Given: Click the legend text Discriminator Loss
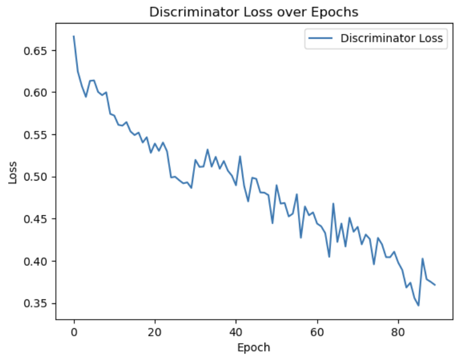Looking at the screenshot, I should pos(391,39).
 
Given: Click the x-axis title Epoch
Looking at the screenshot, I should pos(254,347).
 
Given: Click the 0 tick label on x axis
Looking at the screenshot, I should pos(74,332).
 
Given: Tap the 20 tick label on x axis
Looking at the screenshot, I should pos(155,332).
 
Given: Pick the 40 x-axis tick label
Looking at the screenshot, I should pos(236,332).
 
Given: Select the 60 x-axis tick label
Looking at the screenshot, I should pos(317,332).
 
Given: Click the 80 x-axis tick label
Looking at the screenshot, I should pos(398,332).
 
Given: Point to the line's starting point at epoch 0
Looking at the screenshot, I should pos(74,36).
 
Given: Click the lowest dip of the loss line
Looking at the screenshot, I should pos(418,305).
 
